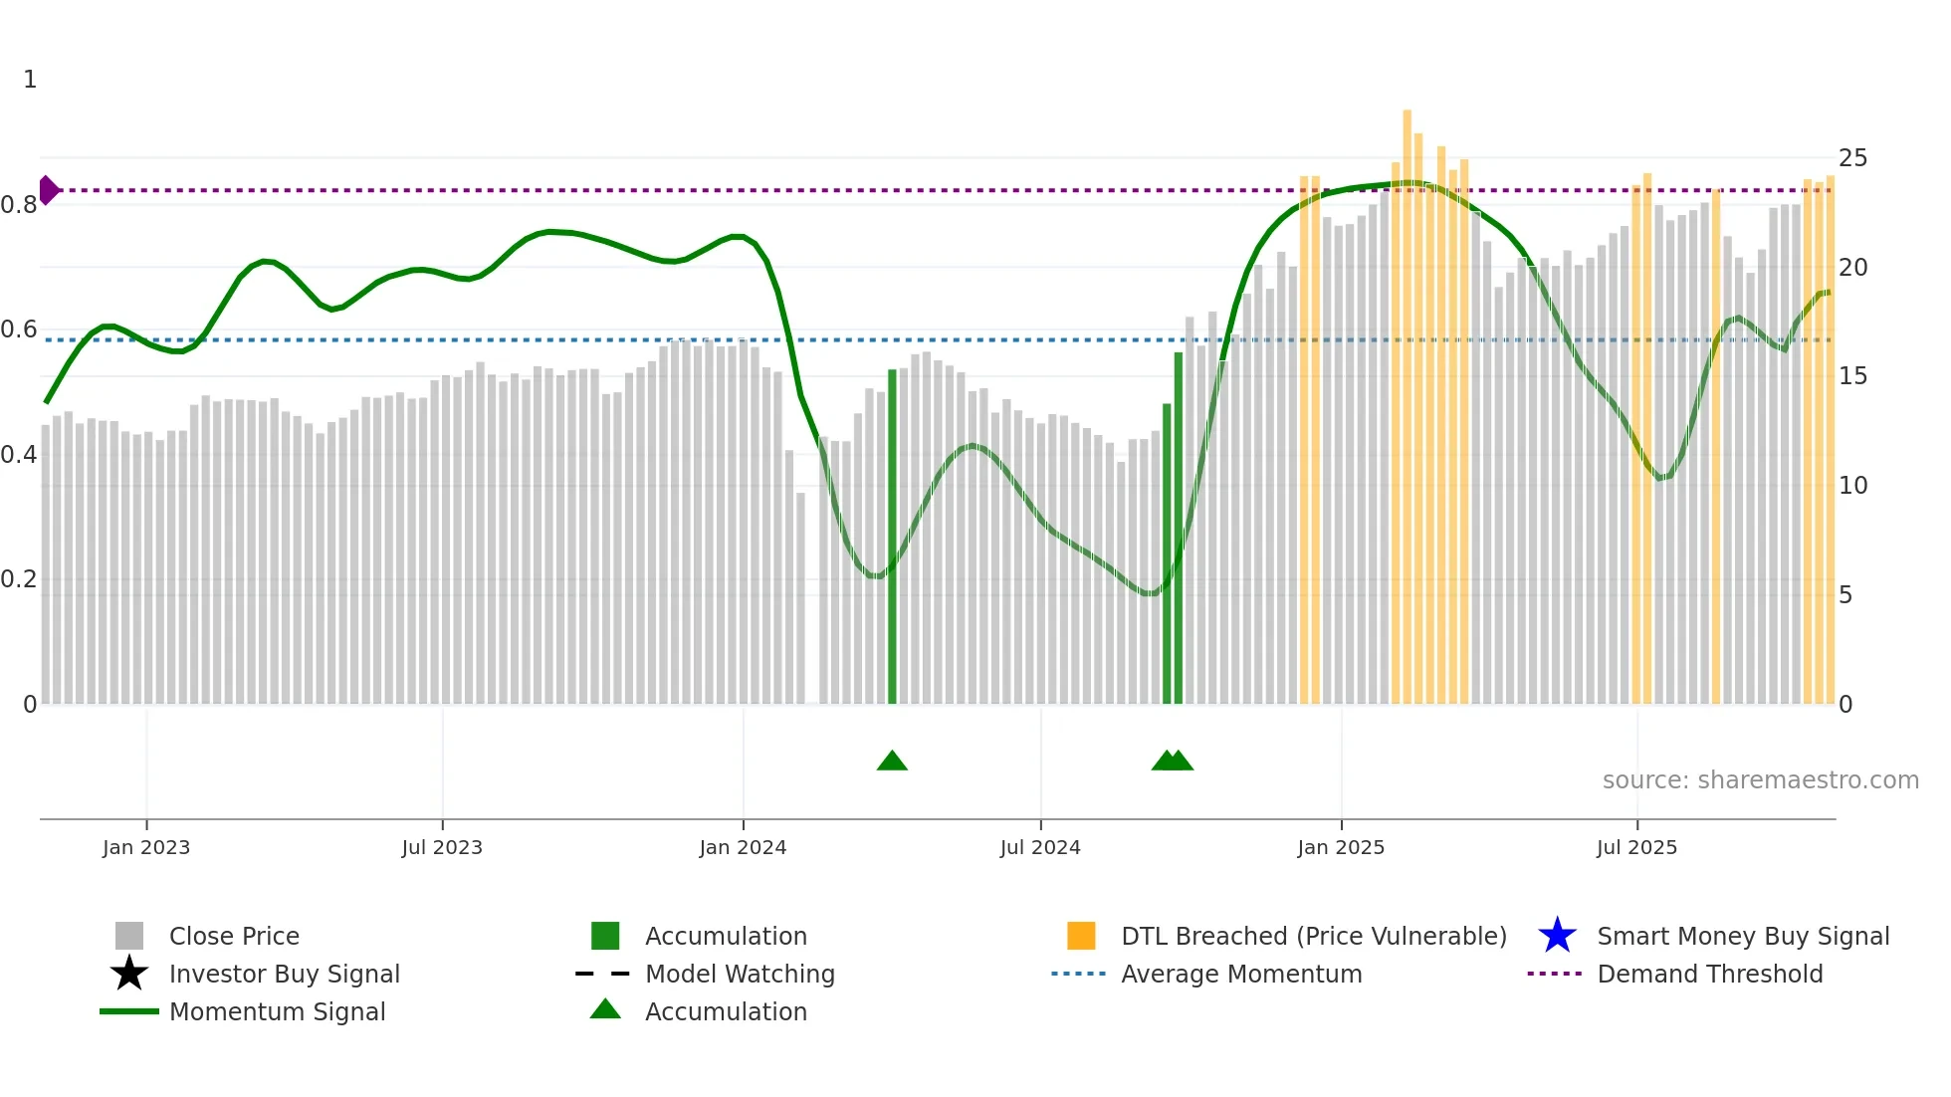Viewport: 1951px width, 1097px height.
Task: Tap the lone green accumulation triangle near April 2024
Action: coord(892,762)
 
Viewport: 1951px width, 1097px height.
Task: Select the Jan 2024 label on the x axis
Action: coord(743,847)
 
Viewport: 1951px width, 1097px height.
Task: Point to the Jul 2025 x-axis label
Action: coord(1636,847)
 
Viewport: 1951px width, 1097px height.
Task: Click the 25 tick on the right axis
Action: coord(1852,158)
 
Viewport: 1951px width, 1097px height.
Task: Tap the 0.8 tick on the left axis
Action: coord(19,205)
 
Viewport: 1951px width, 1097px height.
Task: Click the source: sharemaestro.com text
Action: coord(1760,780)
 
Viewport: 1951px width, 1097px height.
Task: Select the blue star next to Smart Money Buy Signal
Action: coord(1557,936)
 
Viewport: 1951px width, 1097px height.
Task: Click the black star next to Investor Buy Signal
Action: coord(129,974)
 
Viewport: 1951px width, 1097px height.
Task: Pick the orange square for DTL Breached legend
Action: coord(1081,936)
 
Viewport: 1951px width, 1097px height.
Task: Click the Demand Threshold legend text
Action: coord(1709,974)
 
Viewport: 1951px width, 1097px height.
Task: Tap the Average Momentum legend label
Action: coord(1241,974)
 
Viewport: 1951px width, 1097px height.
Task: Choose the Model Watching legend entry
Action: coord(740,974)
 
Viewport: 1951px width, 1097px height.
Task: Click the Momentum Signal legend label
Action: coord(277,1011)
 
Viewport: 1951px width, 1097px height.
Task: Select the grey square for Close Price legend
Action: coord(129,936)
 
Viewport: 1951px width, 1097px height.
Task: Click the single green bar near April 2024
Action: coord(892,538)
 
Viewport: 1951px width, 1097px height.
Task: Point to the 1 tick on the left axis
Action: coord(30,80)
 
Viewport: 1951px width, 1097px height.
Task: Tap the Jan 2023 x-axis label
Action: coord(146,847)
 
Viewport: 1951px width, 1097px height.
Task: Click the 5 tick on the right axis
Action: coord(1845,595)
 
